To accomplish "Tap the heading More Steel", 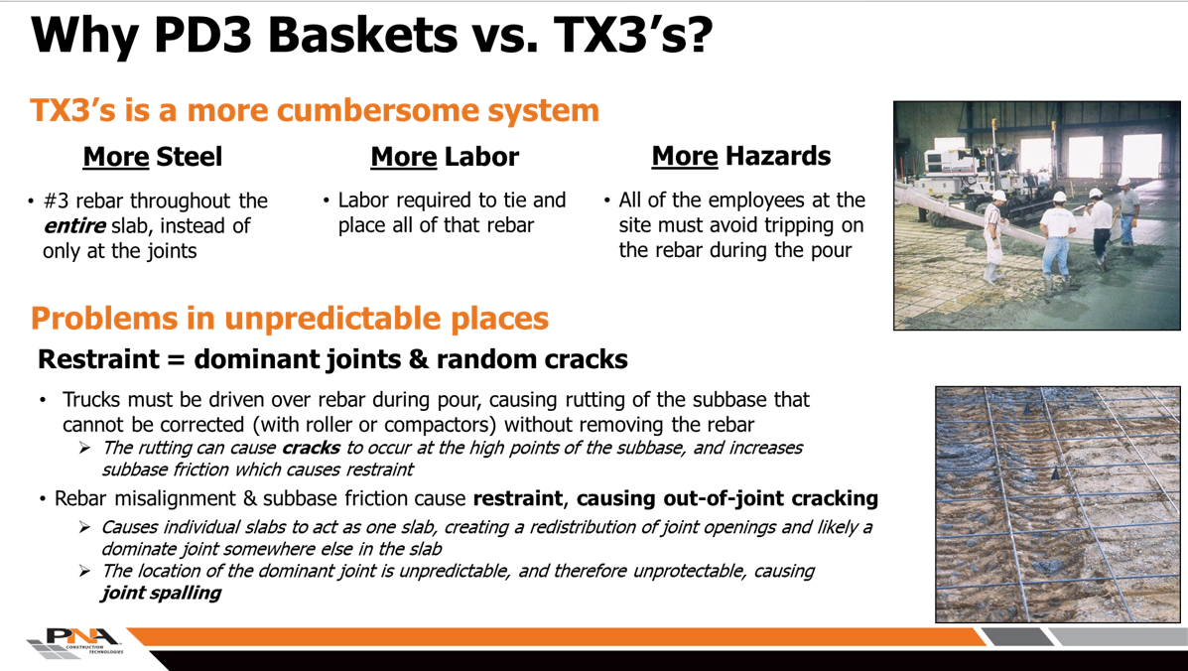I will pos(152,157).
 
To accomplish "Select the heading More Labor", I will pos(444,157).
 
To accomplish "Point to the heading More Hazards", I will pos(740,156).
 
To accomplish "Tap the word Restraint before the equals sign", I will pos(98,358).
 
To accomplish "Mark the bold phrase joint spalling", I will pos(161,594).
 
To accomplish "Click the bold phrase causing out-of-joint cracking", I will pos(726,497).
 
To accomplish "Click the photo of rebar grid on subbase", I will pos(1057,504).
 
